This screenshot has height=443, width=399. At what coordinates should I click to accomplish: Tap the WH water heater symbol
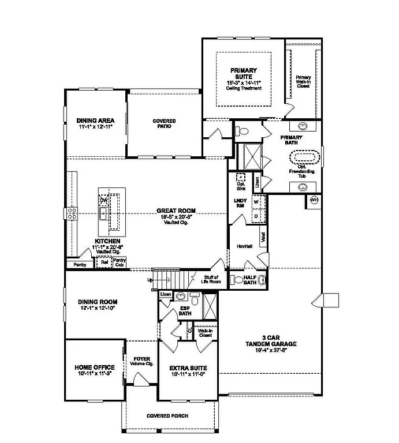[314, 200]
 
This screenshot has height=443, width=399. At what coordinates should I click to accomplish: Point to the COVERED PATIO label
[164, 124]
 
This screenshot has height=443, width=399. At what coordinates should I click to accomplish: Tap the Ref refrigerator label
[105, 261]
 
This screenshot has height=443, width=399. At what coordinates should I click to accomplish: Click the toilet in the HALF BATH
[237, 280]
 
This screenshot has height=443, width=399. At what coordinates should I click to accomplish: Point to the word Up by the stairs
[151, 280]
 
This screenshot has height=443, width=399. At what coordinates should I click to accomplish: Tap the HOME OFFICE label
[95, 367]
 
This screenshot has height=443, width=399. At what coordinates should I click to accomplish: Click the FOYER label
[142, 359]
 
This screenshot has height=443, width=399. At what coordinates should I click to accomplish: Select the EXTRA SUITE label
[188, 367]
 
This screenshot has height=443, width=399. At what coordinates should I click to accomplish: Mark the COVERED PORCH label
[167, 416]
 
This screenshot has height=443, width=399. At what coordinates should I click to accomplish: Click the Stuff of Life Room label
[211, 279]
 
